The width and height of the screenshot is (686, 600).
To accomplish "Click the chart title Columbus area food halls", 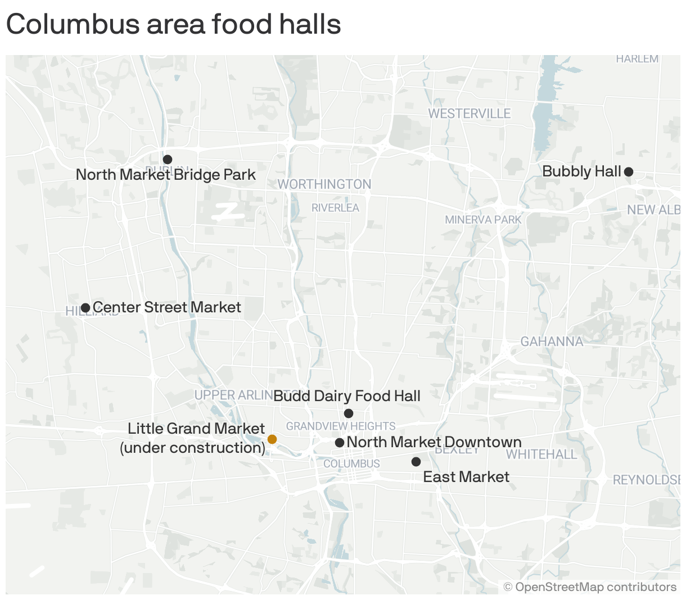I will point(173,25).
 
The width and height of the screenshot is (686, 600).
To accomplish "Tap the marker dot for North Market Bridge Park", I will point(168,160).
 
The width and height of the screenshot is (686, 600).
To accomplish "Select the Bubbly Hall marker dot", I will point(629,172).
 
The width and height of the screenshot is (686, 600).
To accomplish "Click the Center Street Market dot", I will point(85,308).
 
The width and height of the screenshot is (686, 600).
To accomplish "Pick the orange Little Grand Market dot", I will point(272,439).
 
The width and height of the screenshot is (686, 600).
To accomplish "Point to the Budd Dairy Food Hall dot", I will point(349,413).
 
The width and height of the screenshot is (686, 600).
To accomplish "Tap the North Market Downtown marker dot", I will point(340,443).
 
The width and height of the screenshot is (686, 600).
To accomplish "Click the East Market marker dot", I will point(416,462).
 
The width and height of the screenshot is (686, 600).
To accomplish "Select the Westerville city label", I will point(470,114).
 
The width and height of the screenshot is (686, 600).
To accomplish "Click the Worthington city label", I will point(324,184).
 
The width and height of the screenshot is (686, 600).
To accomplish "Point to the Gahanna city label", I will point(552,342).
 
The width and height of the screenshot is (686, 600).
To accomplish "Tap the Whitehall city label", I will point(541,454).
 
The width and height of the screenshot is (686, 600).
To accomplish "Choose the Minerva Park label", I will point(483,220).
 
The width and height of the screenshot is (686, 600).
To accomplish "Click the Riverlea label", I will point(335,208).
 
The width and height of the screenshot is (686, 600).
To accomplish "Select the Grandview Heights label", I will point(341,426).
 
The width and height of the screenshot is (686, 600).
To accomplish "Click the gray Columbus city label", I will point(351,464).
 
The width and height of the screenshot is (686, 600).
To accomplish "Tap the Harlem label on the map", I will point(637,59).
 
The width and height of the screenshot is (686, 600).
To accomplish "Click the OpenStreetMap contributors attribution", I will point(590,587).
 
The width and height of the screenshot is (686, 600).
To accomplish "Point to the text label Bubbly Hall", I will point(581,171).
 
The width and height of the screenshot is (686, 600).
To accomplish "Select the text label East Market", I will point(466,477).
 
